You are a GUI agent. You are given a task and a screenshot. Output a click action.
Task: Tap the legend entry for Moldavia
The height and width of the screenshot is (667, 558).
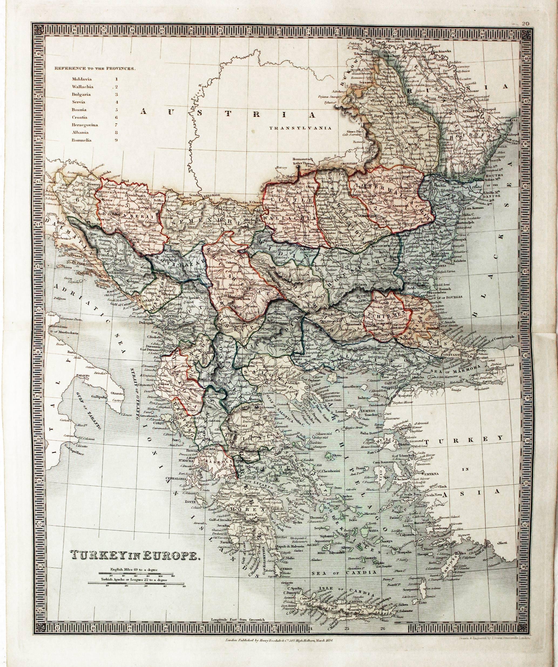pyautogui.click(x=81, y=79)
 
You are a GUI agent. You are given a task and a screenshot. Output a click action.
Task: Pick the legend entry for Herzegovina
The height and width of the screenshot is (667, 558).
pyautogui.click(x=85, y=125)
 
